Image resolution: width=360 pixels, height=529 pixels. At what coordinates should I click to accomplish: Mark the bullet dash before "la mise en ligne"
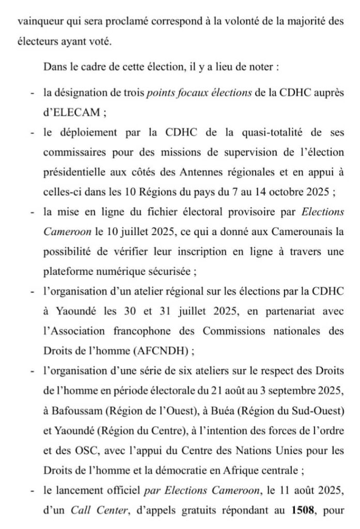point(32,213)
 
